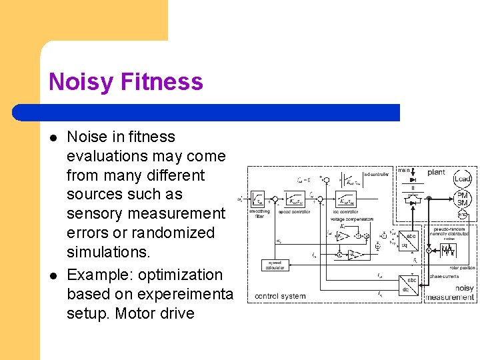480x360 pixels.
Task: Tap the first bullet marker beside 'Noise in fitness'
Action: pyautogui.click(x=53, y=137)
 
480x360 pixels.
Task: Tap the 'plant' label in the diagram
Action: pyautogui.click(x=436, y=172)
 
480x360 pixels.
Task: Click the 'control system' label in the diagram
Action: pyautogui.click(x=280, y=296)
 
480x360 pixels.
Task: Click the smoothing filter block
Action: pyautogui.click(x=257, y=199)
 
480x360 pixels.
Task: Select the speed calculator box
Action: pyautogui.click(x=274, y=266)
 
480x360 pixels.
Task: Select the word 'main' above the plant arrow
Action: pyautogui.click(x=404, y=171)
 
